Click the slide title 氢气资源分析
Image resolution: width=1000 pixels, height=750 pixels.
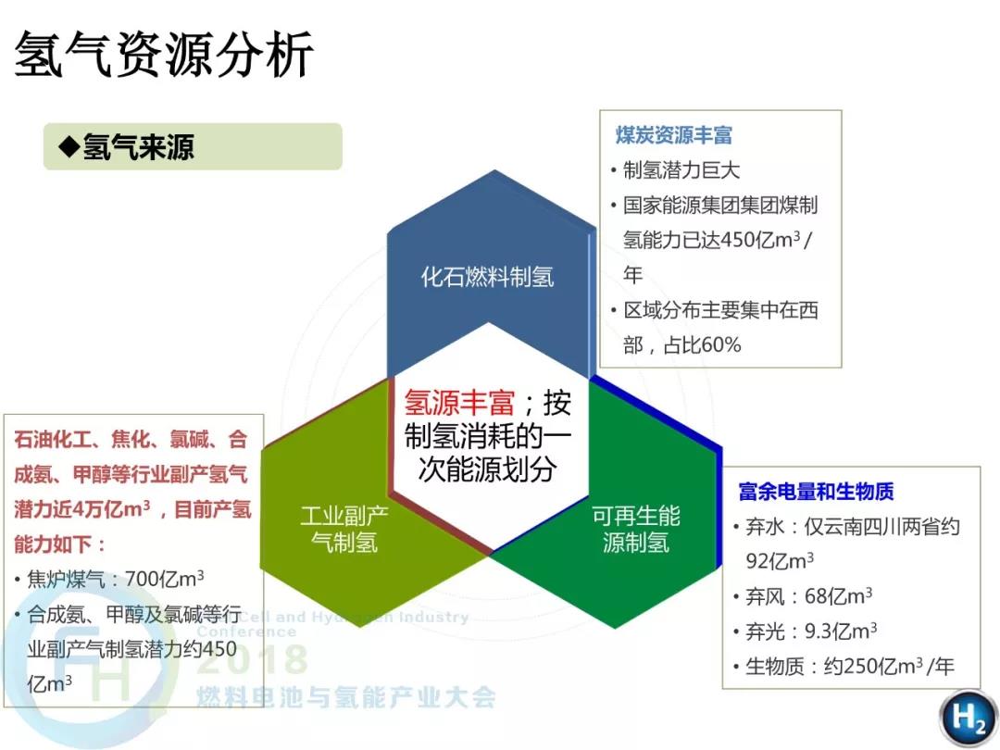pos(163,55)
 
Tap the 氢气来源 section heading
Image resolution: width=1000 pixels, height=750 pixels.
pos(138,147)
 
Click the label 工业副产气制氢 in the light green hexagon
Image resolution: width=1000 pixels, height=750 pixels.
pos(344,530)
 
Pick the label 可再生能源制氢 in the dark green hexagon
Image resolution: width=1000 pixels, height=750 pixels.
pos(636,530)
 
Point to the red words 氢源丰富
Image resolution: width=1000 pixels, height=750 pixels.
pos(459,403)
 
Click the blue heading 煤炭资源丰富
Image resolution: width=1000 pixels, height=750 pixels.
pos(673,135)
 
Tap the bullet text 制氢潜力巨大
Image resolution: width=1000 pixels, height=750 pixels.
pos(681,170)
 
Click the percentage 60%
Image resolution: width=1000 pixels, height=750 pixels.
pos(722,345)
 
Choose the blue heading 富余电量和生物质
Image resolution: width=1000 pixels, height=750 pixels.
pos(816,492)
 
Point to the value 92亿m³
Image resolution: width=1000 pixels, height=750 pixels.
pos(780,560)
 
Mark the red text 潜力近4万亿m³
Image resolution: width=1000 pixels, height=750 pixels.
pos(82,509)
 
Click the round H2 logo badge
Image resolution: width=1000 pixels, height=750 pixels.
pos(968,718)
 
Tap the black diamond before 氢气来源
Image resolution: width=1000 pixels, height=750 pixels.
pos(69,147)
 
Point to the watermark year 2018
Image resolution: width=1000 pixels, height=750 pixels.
pos(253,659)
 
